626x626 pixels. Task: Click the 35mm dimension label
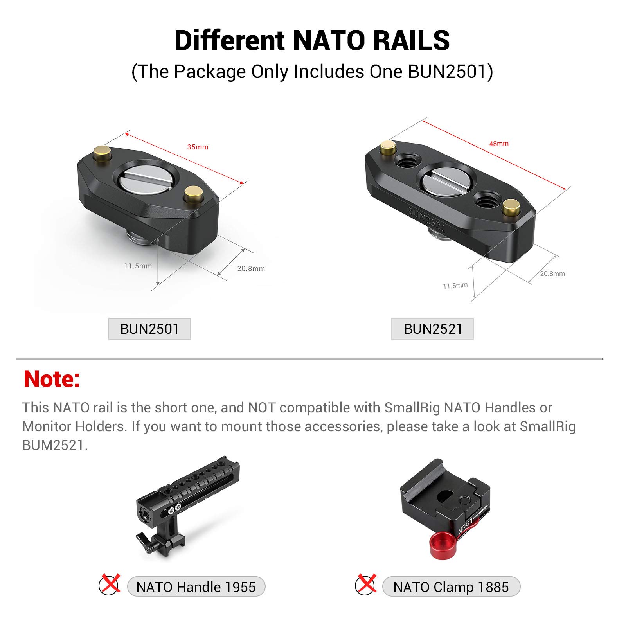tap(198, 147)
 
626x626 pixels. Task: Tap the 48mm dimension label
tap(499, 144)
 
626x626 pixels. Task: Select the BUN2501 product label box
tap(149, 329)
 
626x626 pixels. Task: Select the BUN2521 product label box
tap(433, 329)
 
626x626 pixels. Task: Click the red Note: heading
tap(52, 379)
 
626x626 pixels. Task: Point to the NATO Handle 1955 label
tap(196, 587)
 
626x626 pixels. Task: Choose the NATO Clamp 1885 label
tap(451, 587)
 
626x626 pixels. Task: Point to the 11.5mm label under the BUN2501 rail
tap(138, 266)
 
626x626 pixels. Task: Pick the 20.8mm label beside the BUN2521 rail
tap(552, 274)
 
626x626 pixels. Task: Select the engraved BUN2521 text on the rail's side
tap(426, 219)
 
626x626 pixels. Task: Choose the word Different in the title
tap(230, 40)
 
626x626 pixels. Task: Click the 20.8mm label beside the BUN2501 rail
tap(251, 269)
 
